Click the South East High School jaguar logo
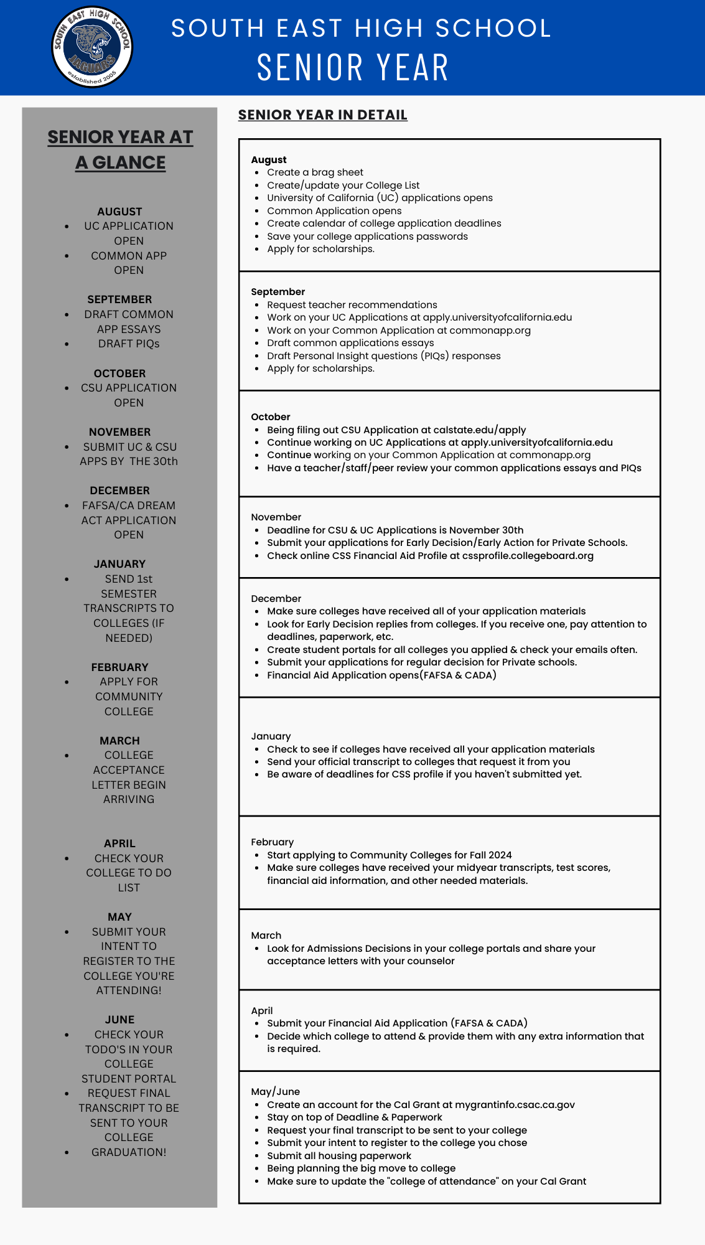pos(92,47)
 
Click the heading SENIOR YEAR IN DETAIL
pos(322,115)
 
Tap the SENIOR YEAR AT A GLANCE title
pos(120,149)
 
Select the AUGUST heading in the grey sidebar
pos(119,212)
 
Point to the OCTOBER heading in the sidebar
pos(119,374)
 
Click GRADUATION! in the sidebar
pos(129,1152)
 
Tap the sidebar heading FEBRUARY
pos(119,667)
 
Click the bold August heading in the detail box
pos(269,160)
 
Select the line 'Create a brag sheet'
pos(315,172)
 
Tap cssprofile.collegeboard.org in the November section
pos(528,556)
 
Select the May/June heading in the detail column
pos(275,1092)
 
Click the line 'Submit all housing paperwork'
pos(339,1156)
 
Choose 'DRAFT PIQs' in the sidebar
pos(129,344)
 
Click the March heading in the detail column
pos(266,936)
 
